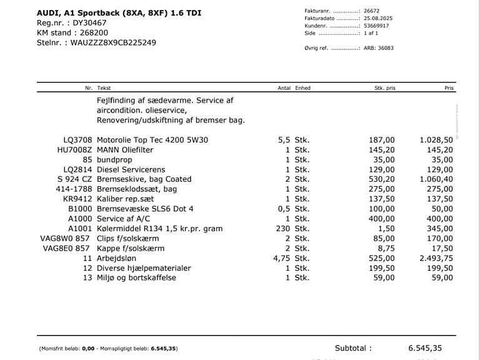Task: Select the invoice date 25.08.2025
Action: coord(376,19)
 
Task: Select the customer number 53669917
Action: coord(376,26)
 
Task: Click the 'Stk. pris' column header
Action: coord(384,88)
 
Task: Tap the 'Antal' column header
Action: coord(284,88)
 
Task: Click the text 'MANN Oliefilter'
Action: coord(125,150)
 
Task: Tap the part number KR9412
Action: coord(77,199)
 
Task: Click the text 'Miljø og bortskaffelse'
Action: coord(136,278)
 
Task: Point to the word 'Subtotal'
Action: coord(353,348)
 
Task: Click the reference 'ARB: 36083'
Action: coord(378,48)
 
